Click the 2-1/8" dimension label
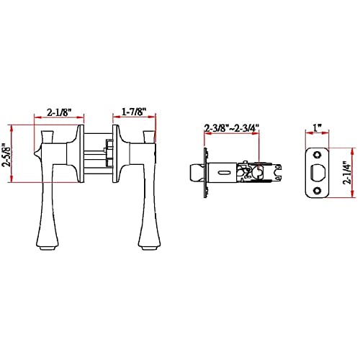59,112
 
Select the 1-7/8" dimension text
134,112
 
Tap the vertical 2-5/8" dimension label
6,156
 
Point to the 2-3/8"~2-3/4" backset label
232,127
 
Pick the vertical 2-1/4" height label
348,174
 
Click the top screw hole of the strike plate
318,155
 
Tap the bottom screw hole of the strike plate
318,191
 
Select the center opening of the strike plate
318,173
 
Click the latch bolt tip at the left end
194,173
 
